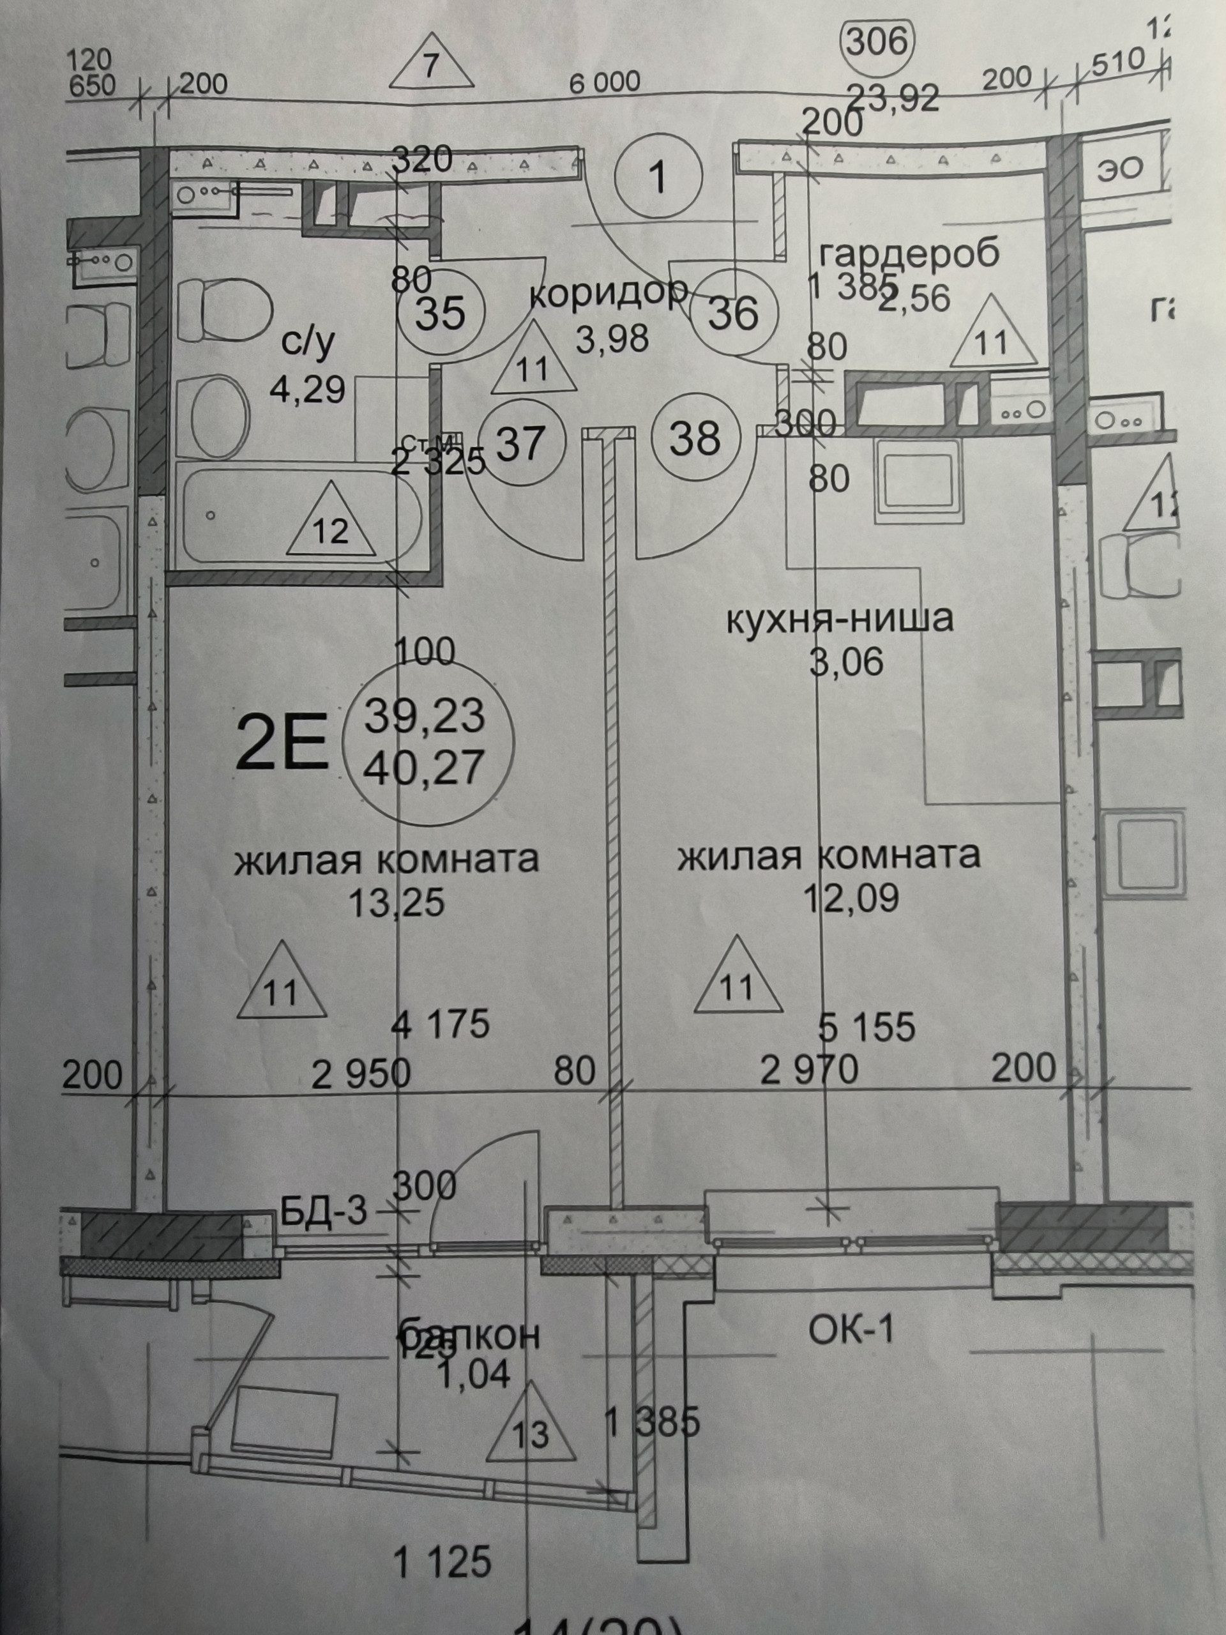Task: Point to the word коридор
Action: coord(609,294)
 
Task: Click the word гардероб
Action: coord(910,253)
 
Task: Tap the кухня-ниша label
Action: coord(840,619)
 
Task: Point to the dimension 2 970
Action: coord(809,1068)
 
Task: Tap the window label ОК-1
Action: coord(851,1330)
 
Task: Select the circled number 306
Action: coord(877,42)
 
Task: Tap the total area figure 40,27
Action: coord(423,767)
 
